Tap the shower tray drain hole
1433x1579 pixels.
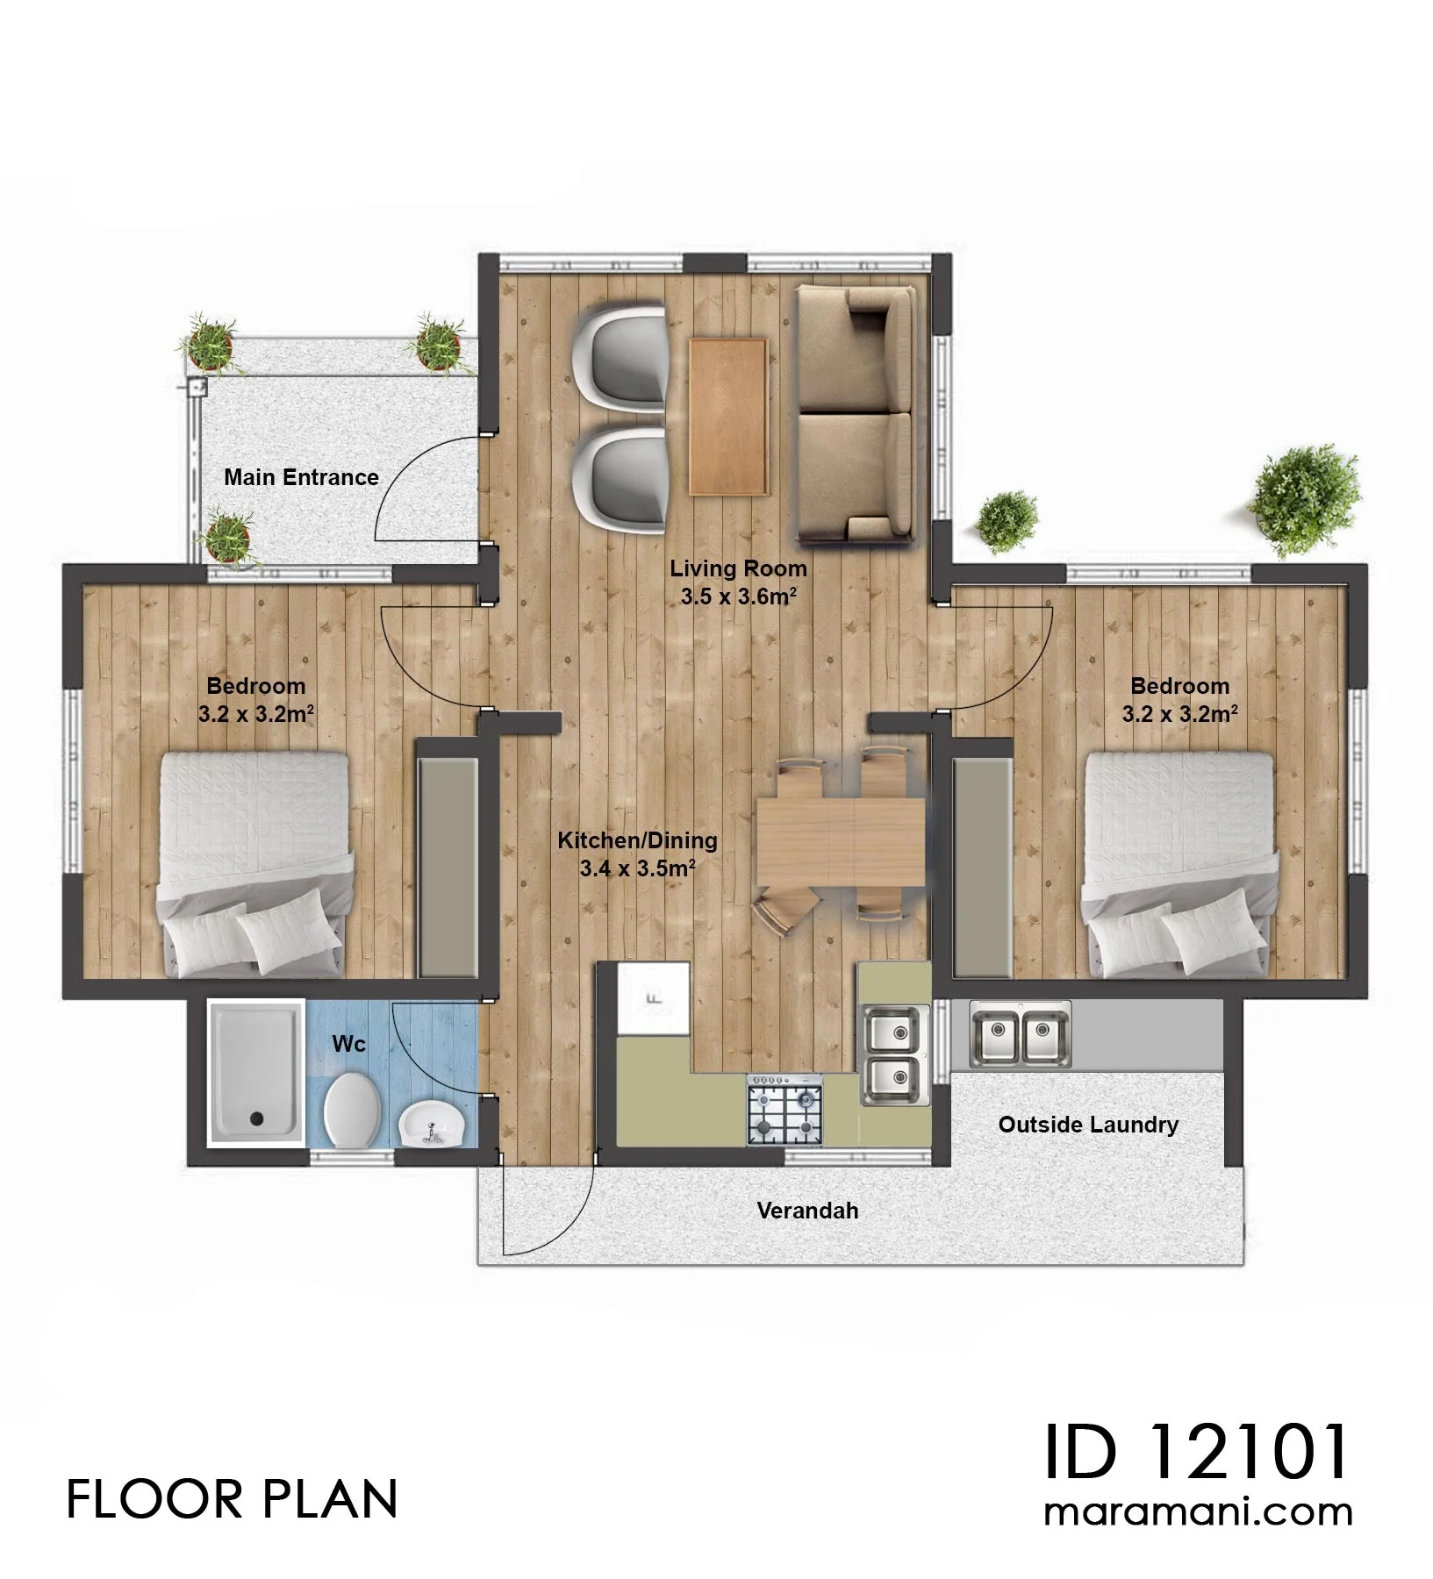click(x=256, y=1118)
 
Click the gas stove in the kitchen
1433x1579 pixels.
click(x=785, y=1110)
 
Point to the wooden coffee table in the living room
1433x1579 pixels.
click(x=728, y=417)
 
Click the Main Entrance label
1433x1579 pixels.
click(x=301, y=477)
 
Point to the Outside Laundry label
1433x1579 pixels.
click(x=1088, y=1125)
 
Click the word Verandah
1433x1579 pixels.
click(x=807, y=1211)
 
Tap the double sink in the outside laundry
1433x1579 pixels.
click(x=1021, y=1034)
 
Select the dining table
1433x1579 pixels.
click(x=841, y=840)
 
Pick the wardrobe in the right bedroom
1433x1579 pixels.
click(x=983, y=867)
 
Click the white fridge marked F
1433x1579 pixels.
click(x=653, y=999)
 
